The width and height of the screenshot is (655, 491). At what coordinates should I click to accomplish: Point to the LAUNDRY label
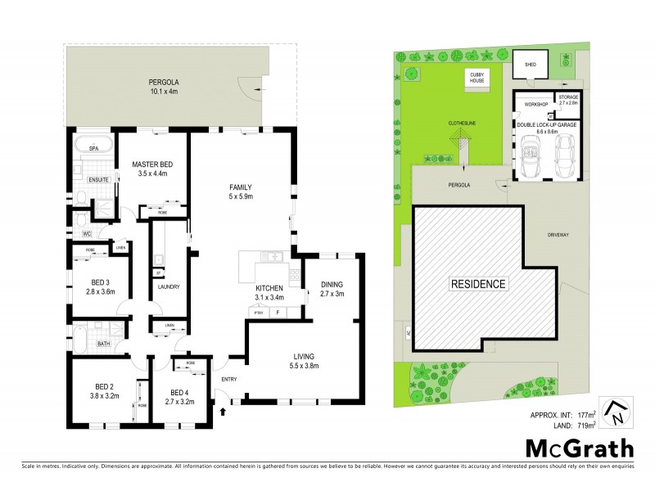coord(168,287)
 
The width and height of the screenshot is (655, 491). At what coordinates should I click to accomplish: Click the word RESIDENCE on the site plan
coord(479,284)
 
